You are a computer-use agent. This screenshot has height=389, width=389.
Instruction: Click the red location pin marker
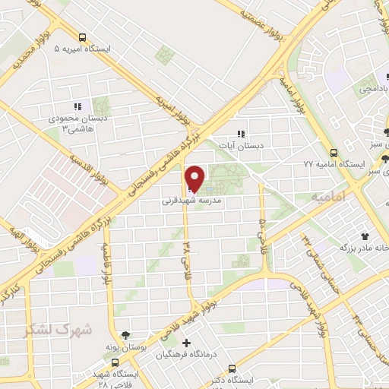tap(195, 178)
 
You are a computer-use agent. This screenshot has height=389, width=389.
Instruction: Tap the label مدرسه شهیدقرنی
tap(191, 203)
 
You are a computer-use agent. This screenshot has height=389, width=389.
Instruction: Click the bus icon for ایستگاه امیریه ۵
tap(82, 36)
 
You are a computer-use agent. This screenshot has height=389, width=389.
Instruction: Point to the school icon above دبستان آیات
tap(242, 133)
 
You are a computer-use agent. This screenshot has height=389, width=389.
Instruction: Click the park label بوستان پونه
tap(125, 346)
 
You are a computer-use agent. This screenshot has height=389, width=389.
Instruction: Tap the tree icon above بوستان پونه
tap(126, 335)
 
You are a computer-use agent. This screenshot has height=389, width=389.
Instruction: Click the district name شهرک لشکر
tap(58, 330)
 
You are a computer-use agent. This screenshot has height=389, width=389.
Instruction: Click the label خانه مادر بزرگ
tap(356, 248)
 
